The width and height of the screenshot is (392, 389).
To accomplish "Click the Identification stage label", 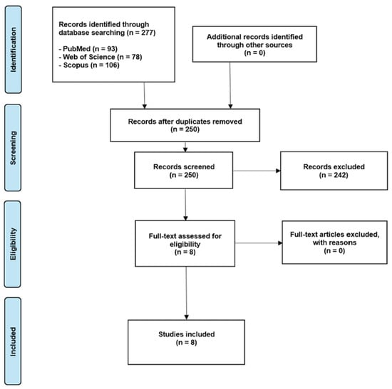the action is pos(14,50).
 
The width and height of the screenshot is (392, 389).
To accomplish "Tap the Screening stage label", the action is pos(13,148).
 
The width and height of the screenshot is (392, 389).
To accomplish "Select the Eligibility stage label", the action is pos(13,244).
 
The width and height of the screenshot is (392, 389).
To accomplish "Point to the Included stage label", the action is pos(13,341).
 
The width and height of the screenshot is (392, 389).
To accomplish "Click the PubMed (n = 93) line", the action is pos(88,48).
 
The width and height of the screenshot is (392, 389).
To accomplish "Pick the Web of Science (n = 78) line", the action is pos(100,57).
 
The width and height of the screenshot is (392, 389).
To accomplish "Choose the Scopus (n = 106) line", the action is pos(89,65).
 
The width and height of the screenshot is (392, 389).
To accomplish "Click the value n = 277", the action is pos(142,33).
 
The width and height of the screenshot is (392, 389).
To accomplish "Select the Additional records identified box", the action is pos(254,44).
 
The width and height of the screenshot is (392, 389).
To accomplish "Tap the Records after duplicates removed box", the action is pos(185,125).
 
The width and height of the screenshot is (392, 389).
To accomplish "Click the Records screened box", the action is pos(183,170).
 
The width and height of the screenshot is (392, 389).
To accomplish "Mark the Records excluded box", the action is pos(334,171).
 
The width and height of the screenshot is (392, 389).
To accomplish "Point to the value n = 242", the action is pos(334,175).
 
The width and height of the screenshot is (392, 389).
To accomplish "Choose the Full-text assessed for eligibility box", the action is pos(185,243).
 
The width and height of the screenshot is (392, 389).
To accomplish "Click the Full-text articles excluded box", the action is pos(334,243).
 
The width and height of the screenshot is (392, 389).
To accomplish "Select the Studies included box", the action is pos(186,342).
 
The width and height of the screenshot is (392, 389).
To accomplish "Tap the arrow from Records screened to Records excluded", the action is pos(257,171).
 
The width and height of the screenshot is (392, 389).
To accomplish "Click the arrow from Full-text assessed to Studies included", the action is pos(186,293).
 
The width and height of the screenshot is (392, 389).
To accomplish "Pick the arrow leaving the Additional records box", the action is pos(230,85).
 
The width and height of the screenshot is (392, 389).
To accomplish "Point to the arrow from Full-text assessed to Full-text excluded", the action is pos(259,243).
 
